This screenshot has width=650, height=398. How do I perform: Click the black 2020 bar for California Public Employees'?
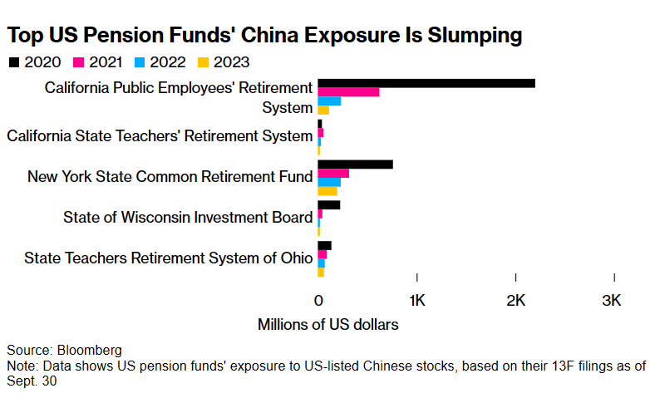click(426, 82)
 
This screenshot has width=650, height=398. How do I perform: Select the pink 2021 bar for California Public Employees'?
click(348, 91)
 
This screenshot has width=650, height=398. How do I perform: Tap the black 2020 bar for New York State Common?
click(355, 164)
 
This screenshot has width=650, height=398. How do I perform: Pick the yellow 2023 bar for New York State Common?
click(327, 191)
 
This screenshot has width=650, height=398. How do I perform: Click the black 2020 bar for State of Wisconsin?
click(328, 204)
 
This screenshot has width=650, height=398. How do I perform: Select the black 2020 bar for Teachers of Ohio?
click(324, 245)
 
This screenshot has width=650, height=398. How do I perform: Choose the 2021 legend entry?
click(96, 61)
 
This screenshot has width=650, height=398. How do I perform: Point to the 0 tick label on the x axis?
click(318, 301)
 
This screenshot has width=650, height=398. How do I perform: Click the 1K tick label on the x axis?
click(416, 301)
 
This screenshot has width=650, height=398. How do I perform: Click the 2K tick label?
click(515, 301)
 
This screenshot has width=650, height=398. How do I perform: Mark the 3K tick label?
click(612, 301)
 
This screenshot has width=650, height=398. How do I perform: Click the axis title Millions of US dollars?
click(327, 324)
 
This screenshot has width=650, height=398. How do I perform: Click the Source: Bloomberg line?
click(64, 350)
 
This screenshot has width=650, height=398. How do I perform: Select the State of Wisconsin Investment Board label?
click(187, 218)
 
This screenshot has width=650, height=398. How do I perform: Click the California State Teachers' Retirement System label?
click(159, 135)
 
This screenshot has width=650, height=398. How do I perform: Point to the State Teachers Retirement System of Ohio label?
click(168, 258)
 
